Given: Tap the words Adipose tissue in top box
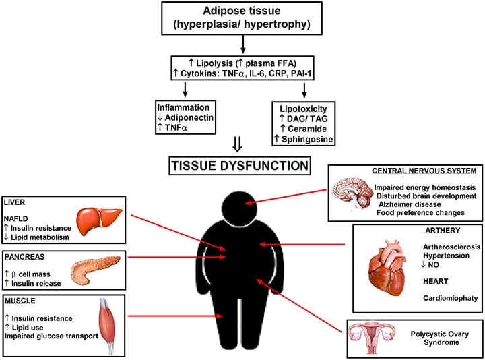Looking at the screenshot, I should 242,12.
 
